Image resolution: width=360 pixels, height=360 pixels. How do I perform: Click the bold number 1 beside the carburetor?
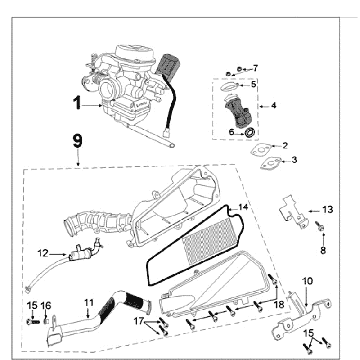(74, 102)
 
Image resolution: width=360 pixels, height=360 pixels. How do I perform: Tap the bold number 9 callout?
(76, 142)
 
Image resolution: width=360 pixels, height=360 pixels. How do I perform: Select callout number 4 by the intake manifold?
(274, 105)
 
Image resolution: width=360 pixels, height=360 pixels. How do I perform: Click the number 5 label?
(254, 84)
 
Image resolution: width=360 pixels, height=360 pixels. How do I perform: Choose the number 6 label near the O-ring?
(231, 130)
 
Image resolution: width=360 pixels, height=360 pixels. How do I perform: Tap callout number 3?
(293, 161)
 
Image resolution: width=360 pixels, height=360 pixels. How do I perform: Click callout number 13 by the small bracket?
(327, 210)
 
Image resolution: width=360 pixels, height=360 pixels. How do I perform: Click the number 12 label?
(42, 252)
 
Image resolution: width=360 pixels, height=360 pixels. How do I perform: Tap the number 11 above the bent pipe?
(88, 302)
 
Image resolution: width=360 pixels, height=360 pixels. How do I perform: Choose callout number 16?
(46, 305)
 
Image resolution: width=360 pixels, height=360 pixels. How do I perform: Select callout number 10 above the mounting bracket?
(307, 283)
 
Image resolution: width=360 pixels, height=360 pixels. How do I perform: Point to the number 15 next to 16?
(31, 305)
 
